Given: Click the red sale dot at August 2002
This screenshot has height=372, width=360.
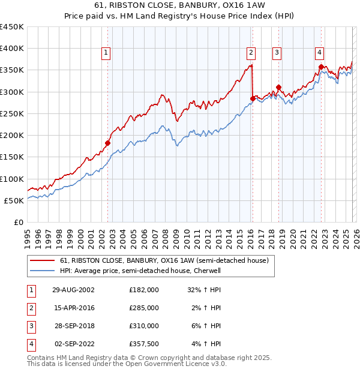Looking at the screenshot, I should tap(108, 143).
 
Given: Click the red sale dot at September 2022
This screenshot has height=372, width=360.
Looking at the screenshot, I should tap(321, 67).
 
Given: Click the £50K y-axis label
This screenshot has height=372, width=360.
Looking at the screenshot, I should tap(14, 200).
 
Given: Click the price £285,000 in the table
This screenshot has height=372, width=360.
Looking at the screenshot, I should tap(143, 307).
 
